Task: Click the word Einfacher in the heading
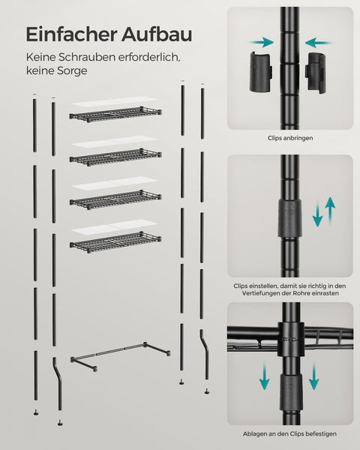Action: click(71, 34)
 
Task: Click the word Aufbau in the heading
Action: click(157, 34)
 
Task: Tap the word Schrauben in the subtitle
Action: click(87, 57)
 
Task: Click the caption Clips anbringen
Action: click(290, 138)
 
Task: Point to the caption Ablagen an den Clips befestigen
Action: click(289, 433)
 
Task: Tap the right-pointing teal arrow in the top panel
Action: click(262, 43)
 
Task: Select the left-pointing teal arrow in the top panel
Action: click(318, 43)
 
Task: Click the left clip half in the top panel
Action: click(261, 71)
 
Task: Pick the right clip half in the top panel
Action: click(315, 71)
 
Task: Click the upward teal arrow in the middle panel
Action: click(330, 211)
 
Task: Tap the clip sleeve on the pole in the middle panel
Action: click(289, 218)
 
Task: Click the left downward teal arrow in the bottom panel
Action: click(264, 376)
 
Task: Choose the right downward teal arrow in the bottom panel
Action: click(314, 376)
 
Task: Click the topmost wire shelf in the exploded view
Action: click(115, 114)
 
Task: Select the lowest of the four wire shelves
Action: click(115, 241)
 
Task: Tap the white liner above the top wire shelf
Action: click(115, 102)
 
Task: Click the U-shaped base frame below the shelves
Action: click(121, 355)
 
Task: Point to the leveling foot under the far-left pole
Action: click(36, 412)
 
